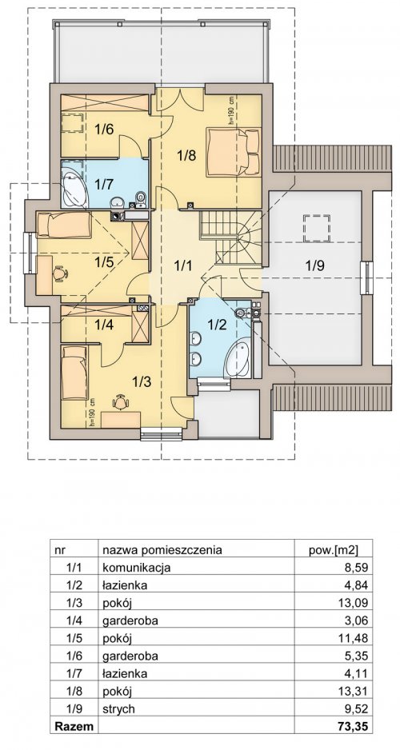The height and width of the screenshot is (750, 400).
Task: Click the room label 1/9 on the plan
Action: click(x=315, y=265)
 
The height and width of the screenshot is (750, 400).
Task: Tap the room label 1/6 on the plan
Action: click(x=103, y=130)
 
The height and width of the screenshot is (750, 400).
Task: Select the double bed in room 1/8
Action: click(x=234, y=152)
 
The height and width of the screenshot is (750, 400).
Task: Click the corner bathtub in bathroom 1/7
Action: click(x=74, y=187)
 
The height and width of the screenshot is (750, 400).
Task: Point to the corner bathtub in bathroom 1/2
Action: click(x=238, y=357)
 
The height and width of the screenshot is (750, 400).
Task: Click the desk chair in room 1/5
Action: click(x=60, y=273)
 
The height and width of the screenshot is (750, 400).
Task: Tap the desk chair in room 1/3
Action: click(x=121, y=401)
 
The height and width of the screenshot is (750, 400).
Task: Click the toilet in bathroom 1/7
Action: click(x=140, y=199)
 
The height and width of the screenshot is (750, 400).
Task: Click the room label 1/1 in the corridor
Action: click(x=182, y=265)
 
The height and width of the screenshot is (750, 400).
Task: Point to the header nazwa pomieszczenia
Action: click(x=162, y=549)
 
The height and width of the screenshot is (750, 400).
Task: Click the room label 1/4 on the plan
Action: click(x=104, y=325)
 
